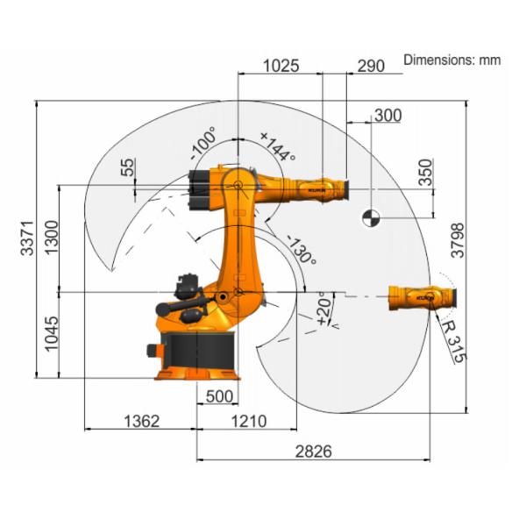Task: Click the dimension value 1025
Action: [281, 65]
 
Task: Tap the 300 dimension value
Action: [387, 116]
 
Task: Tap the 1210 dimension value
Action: [248, 422]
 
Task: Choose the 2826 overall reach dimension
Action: [312, 452]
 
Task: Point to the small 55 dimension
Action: [129, 167]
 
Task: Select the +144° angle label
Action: [278, 146]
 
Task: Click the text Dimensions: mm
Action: [451, 60]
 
